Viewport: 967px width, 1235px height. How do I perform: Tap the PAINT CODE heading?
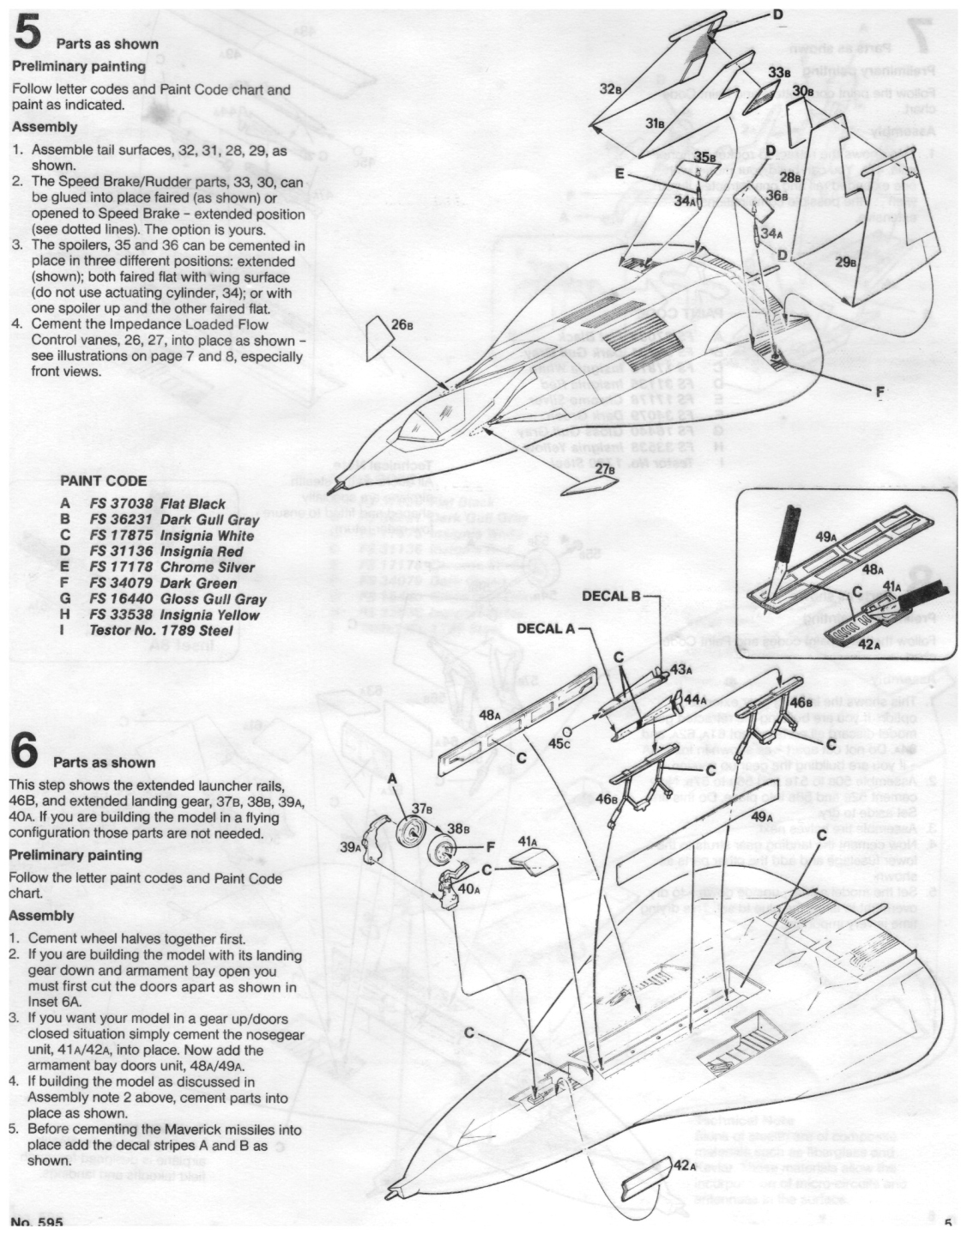[103, 481]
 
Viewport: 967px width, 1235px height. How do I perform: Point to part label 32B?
[610, 88]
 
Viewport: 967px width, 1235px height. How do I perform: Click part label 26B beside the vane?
[402, 325]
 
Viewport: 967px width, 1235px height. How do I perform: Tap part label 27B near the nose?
[606, 469]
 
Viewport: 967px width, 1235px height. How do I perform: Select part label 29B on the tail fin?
[846, 262]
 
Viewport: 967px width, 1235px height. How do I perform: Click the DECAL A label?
[545, 629]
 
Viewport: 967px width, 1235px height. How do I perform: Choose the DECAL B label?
[612, 596]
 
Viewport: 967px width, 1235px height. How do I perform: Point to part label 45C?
[559, 743]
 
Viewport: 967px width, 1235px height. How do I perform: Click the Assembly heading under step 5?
[45, 126]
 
